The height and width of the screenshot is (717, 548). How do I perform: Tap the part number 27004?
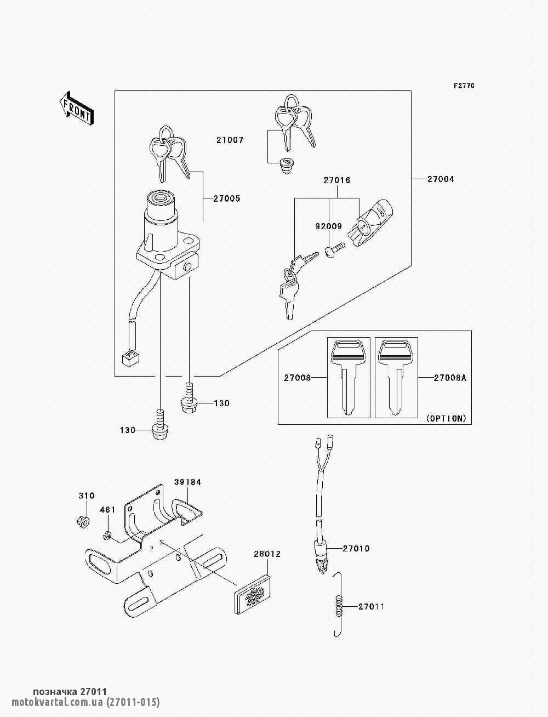441,179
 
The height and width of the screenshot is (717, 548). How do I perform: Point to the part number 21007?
230,140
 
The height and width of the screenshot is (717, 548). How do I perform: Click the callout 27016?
336,180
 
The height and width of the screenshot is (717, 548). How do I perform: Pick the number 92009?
328,226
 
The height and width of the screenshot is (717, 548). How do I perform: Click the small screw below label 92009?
333,251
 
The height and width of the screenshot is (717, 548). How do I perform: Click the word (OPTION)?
446,418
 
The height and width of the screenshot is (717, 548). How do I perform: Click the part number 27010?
356,548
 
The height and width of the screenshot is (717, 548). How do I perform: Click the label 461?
107,510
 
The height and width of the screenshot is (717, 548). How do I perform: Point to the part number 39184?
188,482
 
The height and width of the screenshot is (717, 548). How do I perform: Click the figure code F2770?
464,86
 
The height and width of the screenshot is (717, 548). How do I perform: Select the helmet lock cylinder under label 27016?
373,221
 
